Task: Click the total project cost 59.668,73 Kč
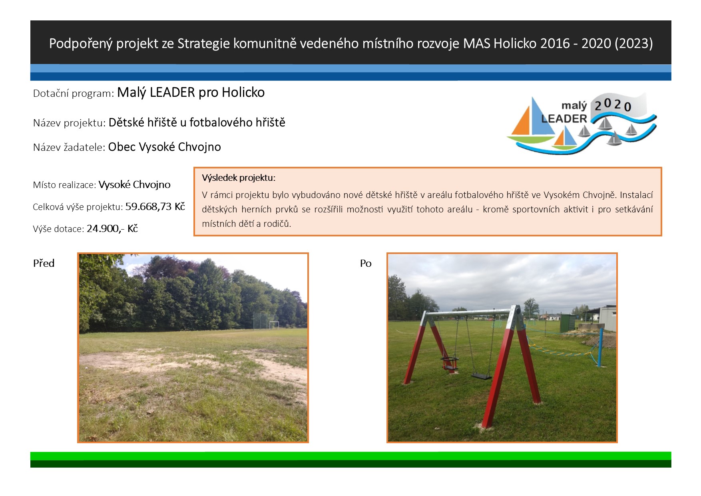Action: pyautogui.click(x=155, y=206)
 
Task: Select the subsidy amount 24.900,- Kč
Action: pyautogui.click(x=112, y=228)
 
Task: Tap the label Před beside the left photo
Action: pyautogui.click(x=44, y=263)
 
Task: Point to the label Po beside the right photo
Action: pyautogui.click(x=366, y=263)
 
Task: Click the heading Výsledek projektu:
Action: pyautogui.click(x=239, y=178)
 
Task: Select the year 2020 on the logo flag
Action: pyautogui.click(x=613, y=105)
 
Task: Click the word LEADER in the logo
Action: pyautogui.click(x=564, y=118)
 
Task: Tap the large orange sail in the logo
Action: pyautogui.click(x=521, y=122)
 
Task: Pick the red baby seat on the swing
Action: pyautogui.click(x=450, y=363)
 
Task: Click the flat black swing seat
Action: pyautogui.click(x=481, y=376)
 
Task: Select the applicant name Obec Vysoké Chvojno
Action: pyautogui.click(x=165, y=147)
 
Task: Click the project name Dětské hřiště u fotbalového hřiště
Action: pyautogui.click(x=197, y=122)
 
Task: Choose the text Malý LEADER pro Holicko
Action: pyautogui.click(x=191, y=92)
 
